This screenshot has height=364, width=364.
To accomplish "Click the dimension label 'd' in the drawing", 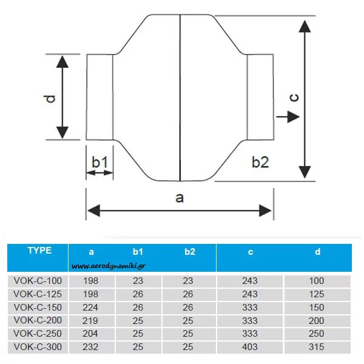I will click(x=50, y=98).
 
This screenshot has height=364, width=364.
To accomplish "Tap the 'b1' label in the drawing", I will click(x=99, y=162).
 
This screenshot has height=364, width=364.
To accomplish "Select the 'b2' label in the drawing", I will click(x=260, y=162).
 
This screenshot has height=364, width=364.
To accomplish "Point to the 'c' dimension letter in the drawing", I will click(x=293, y=98).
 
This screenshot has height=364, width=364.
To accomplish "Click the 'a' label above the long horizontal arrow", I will click(x=179, y=197).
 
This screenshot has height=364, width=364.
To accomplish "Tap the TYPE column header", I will click(x=39, y=250).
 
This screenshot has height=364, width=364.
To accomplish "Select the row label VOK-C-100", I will click(x=38, y=281).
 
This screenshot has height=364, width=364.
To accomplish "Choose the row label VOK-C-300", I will click(x=38, y=348).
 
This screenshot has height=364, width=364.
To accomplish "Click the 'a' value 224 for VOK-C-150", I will click(x=91, y=308).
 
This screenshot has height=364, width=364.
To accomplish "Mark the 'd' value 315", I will click(x=317, y=348).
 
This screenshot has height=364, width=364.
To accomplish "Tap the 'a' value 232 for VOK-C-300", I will click(x=91, y=348).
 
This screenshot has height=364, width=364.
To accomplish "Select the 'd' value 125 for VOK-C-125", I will click(x=317, y=294).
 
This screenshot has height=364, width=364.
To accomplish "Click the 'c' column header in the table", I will click(x=250, y=252).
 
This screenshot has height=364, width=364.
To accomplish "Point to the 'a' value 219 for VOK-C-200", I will click(x=91, y=321).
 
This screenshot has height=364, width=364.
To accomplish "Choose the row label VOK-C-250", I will click(x=38, y=334).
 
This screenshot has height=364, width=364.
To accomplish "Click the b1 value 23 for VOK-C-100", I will click(x=138, y=281).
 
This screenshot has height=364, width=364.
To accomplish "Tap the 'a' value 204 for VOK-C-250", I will click(x=91, y=334).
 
